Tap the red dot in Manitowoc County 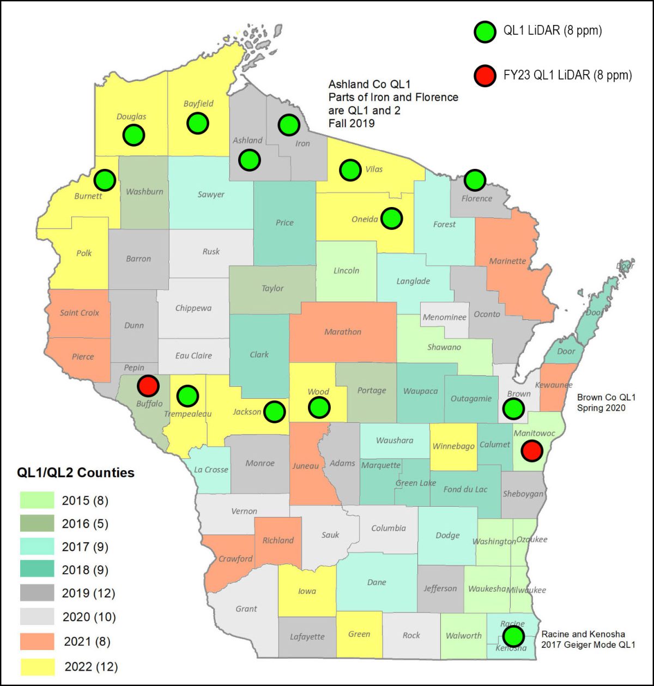(531, 451)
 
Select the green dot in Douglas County (134, 134)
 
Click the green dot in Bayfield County (198, 123)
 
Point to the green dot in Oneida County (391, 218)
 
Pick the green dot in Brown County (513, 408)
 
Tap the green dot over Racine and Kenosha (513, 635)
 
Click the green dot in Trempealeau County (187, 396)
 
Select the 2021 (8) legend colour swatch (37, 641)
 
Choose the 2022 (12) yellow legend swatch (37, 666)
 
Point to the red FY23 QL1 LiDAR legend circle (484, 75)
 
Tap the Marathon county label (343, 331)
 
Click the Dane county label (377, 582)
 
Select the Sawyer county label (211, 194)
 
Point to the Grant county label (246, 609)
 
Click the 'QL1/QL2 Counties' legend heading (76, 472)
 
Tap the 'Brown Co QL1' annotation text (606, 397)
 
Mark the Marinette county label (507, 260)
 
